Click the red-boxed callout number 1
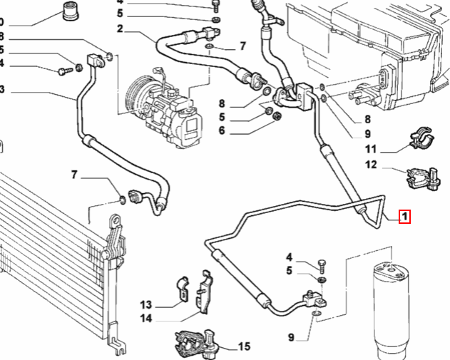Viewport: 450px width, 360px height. point(404,215)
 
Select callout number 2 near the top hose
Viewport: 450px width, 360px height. point(120,29)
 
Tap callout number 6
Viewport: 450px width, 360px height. point(222,130)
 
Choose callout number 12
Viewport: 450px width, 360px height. point(370,165)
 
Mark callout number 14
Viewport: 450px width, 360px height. point(146,318)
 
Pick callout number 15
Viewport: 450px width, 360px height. point(244,347)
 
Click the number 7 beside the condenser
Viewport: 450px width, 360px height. point(73,175)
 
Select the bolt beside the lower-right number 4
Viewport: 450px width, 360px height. point(321,265)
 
